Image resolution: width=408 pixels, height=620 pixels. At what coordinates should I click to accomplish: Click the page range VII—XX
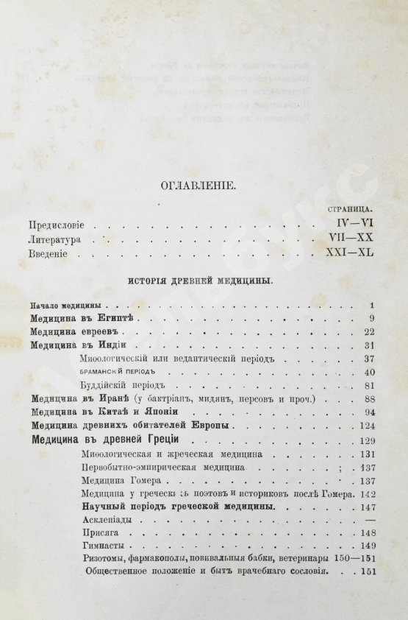[352, 240]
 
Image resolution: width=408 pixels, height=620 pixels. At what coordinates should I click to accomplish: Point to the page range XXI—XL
[350, 254]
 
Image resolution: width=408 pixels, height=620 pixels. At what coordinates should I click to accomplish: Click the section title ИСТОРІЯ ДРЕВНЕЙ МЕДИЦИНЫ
[204, 281]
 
